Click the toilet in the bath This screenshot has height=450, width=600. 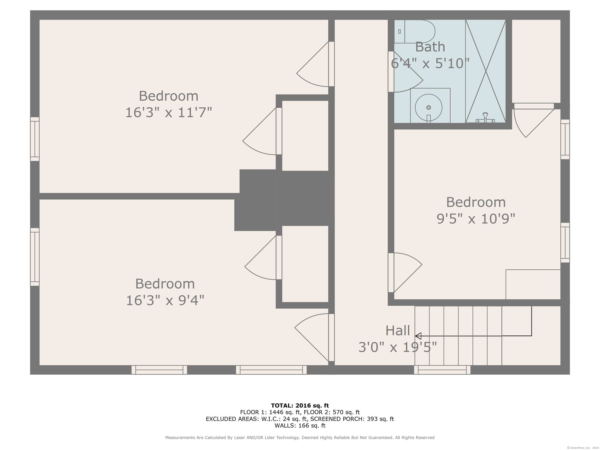419,31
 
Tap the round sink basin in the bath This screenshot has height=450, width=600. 428,107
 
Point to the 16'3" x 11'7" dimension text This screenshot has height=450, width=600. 168,112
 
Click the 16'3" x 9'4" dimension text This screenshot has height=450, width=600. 165,300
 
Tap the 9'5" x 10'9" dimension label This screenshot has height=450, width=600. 476,219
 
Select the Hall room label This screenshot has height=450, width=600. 398,331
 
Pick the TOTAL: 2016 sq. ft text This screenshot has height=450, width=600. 300,405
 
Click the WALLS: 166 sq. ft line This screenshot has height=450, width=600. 300,425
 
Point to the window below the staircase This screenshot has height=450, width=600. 442,370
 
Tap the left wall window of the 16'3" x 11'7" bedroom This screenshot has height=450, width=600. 35,139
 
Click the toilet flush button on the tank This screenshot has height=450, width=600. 399,31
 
